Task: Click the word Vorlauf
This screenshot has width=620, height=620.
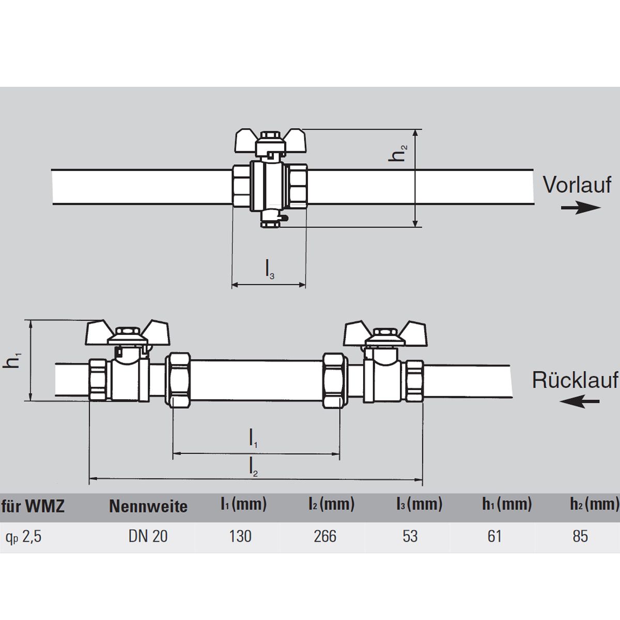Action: pos(577,184)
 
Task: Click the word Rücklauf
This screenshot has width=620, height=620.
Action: pos(575,380)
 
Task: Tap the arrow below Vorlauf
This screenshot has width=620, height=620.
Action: pos(581,208)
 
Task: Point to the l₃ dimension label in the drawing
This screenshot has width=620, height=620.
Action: pos(270,270)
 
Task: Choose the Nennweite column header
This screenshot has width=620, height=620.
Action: pos(148,506)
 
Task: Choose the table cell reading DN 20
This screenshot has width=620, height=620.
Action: pos(148,536)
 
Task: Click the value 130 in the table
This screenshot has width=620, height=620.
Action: pos(240,536)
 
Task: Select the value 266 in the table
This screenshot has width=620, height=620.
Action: pos(325,536)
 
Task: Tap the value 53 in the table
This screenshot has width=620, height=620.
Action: pos(410,536)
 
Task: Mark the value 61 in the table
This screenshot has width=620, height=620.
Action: pos(494,536)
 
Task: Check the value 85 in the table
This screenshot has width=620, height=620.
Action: pos(580,536)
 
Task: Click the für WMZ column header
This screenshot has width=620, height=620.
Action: pos(33,506)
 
